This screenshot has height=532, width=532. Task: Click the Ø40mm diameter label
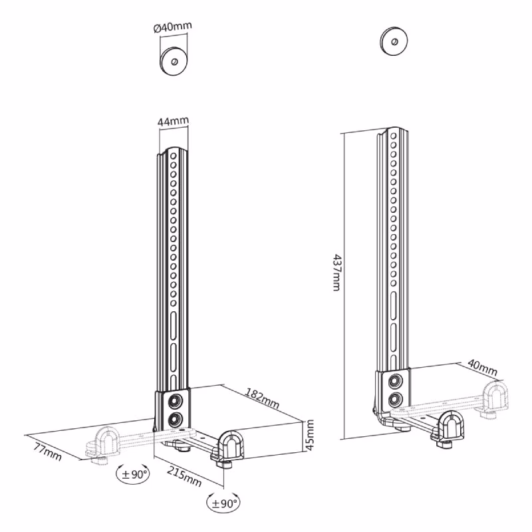pyautogui.click(x=173, y=27)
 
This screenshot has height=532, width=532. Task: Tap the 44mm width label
pyautogui.click(x=173, y=121)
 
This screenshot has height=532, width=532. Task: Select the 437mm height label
pyautogui.click(x=336, y=272)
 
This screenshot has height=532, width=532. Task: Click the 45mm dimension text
pyautogui.click(x=310, y=435)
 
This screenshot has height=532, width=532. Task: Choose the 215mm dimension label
pyautogui.click(x=184, y=475)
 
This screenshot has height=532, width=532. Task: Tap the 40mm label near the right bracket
pyautogui.click(x=483, y=368)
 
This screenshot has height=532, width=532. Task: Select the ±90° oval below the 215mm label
pyautogui.click(x=223, y=503)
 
